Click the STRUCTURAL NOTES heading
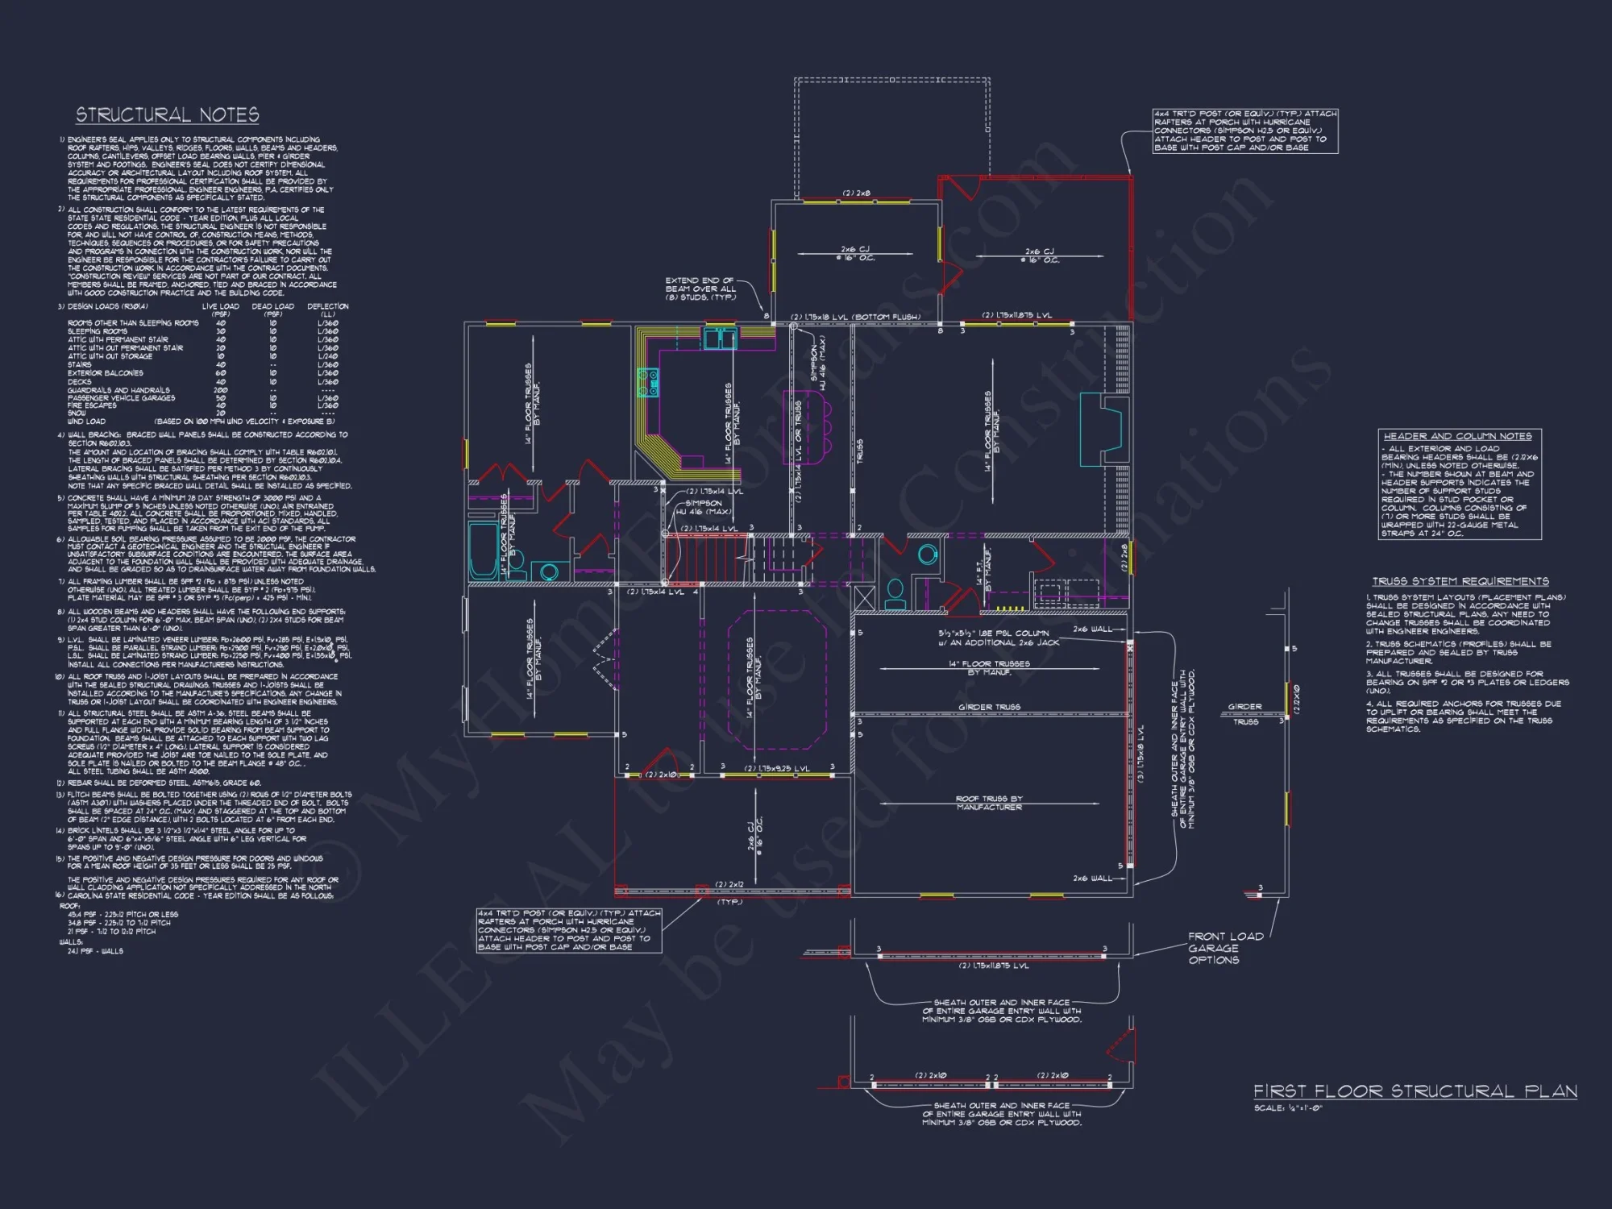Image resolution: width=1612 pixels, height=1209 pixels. click(x=167, y=115)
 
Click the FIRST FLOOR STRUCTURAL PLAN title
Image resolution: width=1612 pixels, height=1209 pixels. click(x=1415, y=1091)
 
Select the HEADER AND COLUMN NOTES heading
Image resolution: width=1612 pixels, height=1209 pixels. click(x=1457, y=436)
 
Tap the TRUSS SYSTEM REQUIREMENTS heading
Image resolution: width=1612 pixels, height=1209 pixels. click(x=1460, y=581)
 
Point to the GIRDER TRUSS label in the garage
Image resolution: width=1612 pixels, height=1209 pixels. click(x=989, y=707)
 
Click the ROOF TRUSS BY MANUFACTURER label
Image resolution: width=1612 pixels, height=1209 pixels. click(x=989, y=803)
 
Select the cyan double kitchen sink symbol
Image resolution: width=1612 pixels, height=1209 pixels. click(x=719, y=338)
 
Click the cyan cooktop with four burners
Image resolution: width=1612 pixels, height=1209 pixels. click(x=648, y=383)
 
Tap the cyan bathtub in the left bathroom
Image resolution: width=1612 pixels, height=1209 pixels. click(x=483, y=550)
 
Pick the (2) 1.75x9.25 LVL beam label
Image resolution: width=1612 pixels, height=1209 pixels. click(x=776, y=769)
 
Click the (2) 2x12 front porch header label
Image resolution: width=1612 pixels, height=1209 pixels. click(x=729, y=885)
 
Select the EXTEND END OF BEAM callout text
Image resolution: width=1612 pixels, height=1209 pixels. click(x=700, y=289)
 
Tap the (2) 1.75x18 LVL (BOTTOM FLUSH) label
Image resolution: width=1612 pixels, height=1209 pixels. click(x=854, y=317)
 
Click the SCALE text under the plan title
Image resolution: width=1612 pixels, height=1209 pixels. click(x=1288, y=1108)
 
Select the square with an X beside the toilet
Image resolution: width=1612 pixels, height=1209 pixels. click(x=864, y=598)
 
